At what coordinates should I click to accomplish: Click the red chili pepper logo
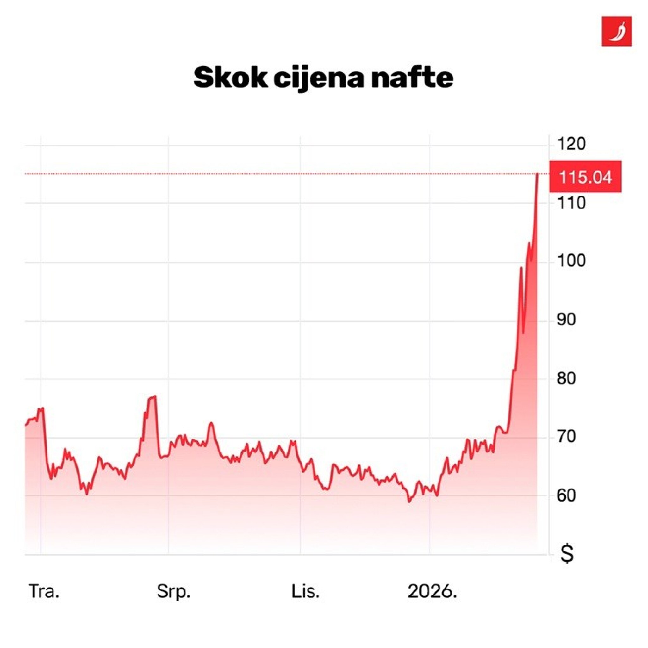coord(616,31)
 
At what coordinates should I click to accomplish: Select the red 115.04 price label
coord(585,177)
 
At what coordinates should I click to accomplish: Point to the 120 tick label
coord(571,144)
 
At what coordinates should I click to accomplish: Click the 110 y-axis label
coord(571,203)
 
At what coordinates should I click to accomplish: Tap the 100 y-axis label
coord(571,261)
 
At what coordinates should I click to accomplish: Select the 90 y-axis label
coord(566,320)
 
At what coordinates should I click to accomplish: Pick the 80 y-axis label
coord(566,379)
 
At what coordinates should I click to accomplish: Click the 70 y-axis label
coord(566,437)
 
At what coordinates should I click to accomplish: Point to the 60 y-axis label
coord(566,496)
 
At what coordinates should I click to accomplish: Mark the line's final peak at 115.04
coord(538,174)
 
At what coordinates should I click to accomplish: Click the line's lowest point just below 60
coord(409,502)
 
